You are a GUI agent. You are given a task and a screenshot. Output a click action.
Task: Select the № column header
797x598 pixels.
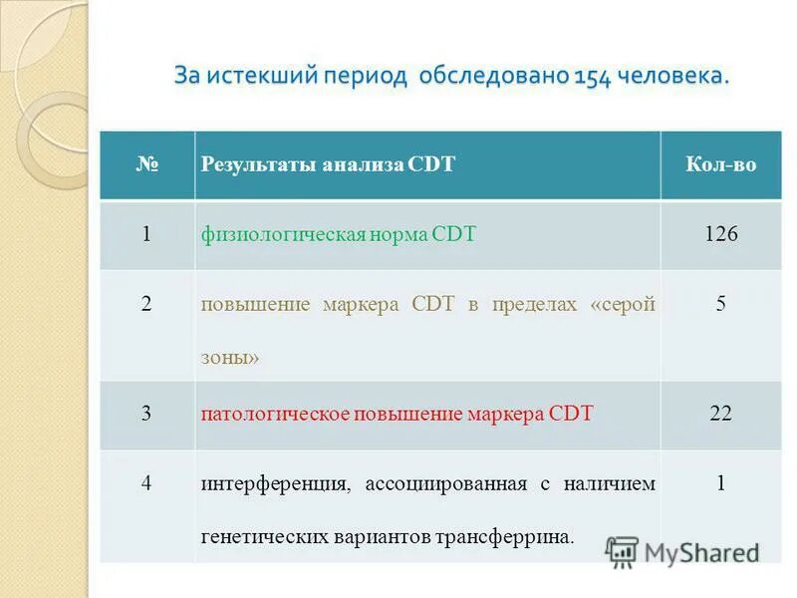[146, 164]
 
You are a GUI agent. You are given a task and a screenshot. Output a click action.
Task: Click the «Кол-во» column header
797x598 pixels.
[720, 164]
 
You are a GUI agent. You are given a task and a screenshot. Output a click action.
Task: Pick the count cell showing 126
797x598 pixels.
[720, 234]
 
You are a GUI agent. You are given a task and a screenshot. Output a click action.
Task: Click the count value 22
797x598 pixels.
[720, 413]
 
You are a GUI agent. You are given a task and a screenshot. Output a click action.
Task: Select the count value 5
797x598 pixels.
[720, 304]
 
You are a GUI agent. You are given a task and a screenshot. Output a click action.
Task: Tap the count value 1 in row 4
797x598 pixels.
[720, 483]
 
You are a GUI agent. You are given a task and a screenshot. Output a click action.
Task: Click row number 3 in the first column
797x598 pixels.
[146, 413]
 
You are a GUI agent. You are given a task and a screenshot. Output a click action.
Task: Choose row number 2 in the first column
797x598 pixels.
[146, 304]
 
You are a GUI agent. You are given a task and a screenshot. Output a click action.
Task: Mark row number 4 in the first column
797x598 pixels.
[146, 483]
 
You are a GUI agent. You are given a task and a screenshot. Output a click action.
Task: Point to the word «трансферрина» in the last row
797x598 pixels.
[504, 536]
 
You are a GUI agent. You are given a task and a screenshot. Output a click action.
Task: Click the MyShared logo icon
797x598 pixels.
[622, 551]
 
